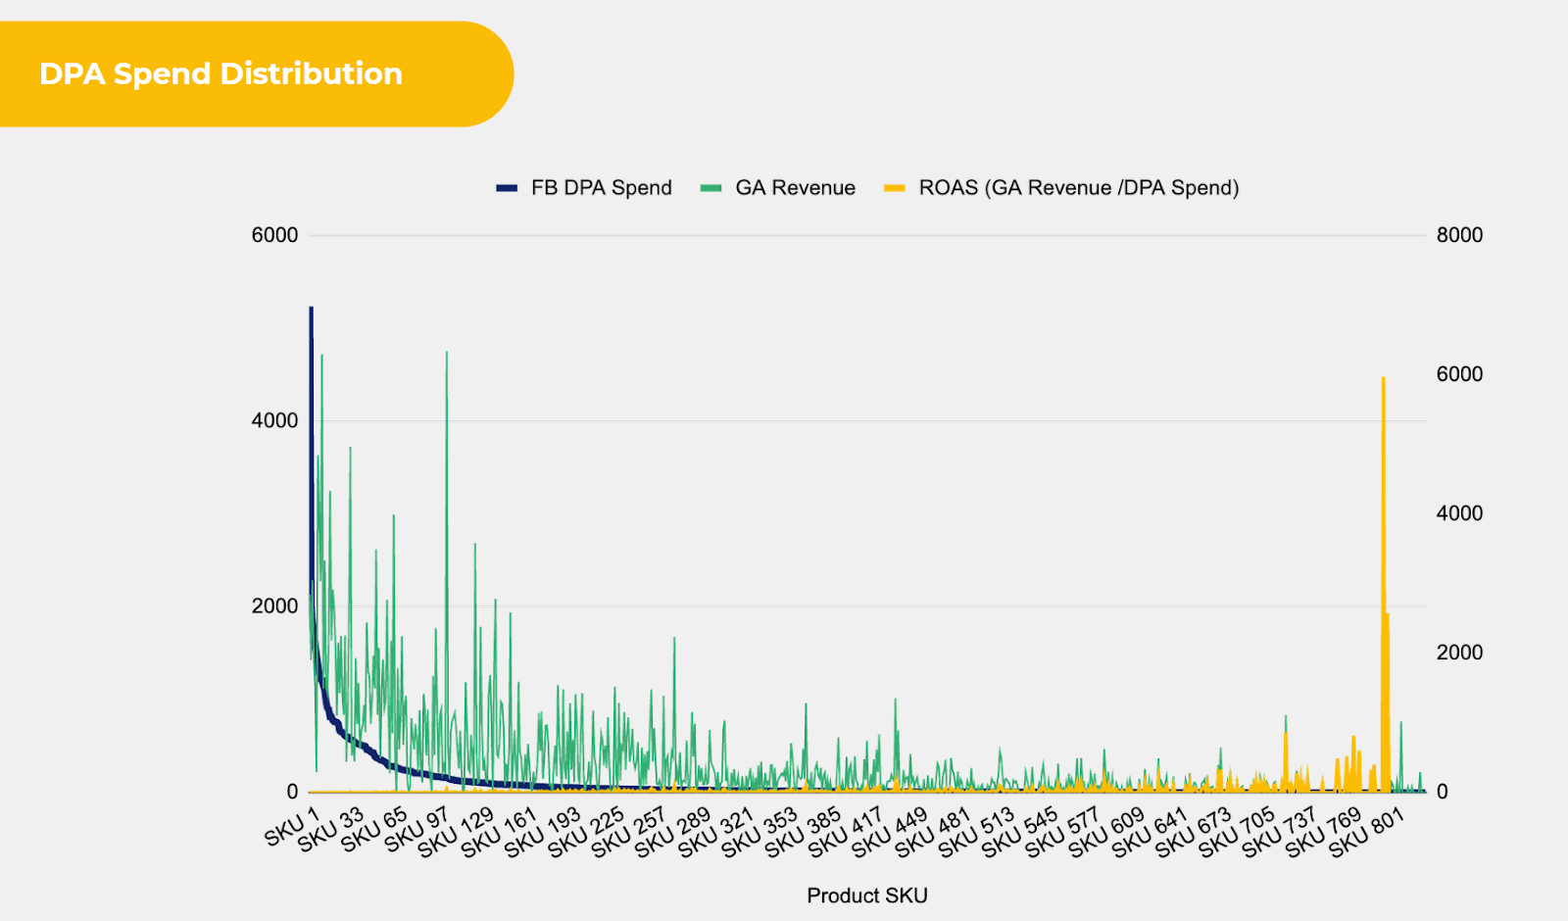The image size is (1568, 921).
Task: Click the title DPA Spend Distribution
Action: pyautogui.click(x=220, y=74)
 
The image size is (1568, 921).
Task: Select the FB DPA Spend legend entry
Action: pyautogui.click(x=601, y=188)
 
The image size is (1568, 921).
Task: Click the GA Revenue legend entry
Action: pyautogui.click(x=795, y=188)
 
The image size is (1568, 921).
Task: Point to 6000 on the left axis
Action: pyautogui.click(x=274, y=235)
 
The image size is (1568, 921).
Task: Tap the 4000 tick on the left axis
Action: pyautogui.click(x=274, y=420)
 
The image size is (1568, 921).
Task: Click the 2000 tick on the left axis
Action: pyautogui.click(x=274, y=606)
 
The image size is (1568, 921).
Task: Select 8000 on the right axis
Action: pyautogui.click(x=1459, y=235)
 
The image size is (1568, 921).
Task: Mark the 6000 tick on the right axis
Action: pyautogui.click(x=1459, y=374)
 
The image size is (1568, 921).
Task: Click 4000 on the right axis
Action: pyautogui.click(x=1459, y=513)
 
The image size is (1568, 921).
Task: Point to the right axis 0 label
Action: pyautogui.click(x=1442, y=792)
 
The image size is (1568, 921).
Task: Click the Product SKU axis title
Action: pyautogui.click(x=866, y=896)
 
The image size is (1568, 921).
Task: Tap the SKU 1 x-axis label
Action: pyautogui.click(x=292, y=827)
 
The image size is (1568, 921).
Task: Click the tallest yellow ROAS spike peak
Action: pyautogui.click(x=1383, y=378)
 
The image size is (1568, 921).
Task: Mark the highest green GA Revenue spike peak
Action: pyautogui.click(x=447, y=353)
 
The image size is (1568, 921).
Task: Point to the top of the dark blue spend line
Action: pyautogui.click(x=311, y=309)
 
